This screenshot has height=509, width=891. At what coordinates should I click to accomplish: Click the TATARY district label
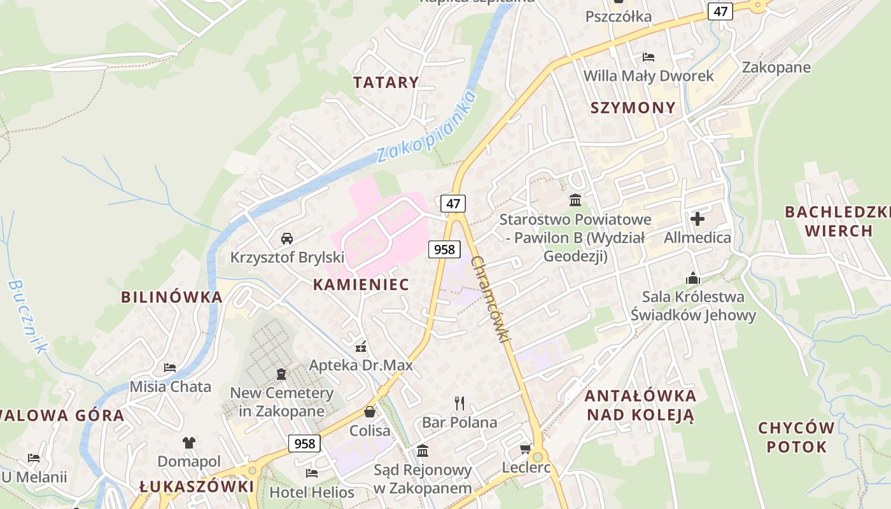386,82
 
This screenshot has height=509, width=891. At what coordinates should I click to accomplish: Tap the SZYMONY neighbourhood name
633,108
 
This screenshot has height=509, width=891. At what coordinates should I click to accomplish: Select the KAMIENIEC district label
361,284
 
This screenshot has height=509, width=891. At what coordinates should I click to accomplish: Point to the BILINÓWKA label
172,297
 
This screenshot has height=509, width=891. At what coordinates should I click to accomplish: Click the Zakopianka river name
426,127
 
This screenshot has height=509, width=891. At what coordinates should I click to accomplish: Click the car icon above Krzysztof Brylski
287,239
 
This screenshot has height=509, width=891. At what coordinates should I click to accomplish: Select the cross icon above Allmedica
698,220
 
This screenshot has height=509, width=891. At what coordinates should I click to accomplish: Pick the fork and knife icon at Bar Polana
460,403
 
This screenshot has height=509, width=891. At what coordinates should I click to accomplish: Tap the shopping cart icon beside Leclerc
526,449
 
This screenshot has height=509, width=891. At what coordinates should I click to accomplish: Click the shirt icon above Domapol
189,442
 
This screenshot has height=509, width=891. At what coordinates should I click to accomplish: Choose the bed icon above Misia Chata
170,367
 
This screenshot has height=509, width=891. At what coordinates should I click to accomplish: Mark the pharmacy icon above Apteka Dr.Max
361,347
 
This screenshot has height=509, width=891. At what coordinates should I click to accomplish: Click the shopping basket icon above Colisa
370,412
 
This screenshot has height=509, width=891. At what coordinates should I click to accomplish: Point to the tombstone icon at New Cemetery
281,374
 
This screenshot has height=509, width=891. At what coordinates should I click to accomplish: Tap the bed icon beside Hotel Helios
312,473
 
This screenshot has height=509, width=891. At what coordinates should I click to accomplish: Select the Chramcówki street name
491,299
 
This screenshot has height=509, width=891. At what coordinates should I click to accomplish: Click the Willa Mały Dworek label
649,76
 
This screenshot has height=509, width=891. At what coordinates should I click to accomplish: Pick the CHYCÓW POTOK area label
796,436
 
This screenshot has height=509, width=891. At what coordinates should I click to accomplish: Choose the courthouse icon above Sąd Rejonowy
423,451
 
